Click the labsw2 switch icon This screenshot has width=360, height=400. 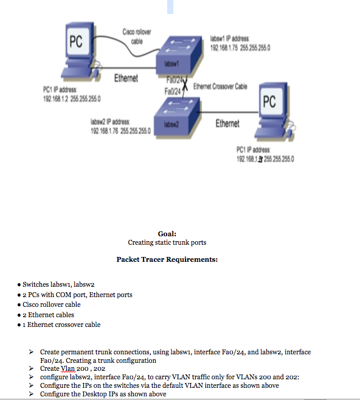[182, 118]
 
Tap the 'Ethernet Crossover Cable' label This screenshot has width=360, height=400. [220, 87]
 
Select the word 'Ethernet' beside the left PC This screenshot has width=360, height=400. [126, 78]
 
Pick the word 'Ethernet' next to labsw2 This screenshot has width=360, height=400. [227, 124]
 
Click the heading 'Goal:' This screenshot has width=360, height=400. [167, 234]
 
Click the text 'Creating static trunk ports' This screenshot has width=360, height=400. [167, 242]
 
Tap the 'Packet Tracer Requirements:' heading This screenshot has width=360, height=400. [167, 260]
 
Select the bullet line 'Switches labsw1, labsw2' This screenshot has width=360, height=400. [58, 284]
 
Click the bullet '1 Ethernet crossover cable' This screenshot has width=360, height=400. [61, 325]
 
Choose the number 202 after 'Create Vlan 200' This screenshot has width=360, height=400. [100, 369]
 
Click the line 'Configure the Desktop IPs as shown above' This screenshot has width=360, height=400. [103, 394]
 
